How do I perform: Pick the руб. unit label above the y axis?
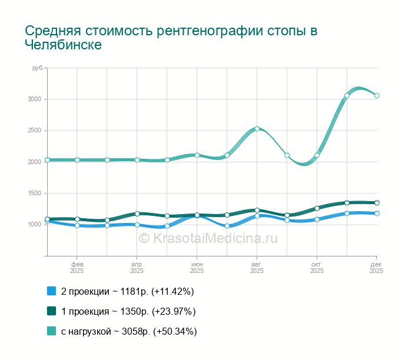(38, 69)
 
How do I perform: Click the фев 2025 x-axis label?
(77, 268)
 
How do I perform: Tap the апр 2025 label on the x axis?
(137, 268)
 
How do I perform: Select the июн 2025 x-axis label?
(197, 268)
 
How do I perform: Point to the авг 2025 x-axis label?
(257, 268)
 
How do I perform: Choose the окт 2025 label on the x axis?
(317, 268)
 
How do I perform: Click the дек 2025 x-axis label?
(376, 268)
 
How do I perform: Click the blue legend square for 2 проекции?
(51, 291)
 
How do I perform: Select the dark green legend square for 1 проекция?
(51, 311)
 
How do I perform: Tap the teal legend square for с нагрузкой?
(51, 331)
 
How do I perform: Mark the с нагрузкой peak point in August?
(257, 128)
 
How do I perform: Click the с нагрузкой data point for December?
(377, 95)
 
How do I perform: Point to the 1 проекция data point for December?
(377, 202)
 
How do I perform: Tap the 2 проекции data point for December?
(377, 213)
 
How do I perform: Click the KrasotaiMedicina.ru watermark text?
(208, 238)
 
